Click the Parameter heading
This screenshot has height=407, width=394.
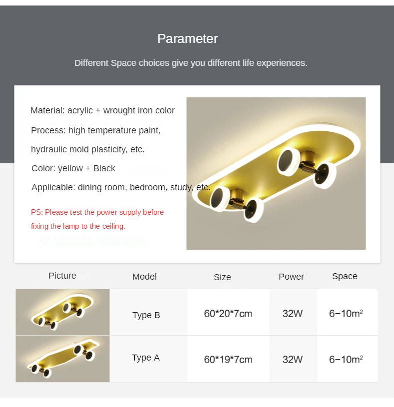187,38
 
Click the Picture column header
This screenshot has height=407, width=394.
62,276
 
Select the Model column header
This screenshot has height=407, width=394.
145,277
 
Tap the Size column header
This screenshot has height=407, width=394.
222,277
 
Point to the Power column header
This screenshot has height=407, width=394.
291,277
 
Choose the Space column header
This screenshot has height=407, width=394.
345,277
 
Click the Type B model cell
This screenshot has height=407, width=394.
146,315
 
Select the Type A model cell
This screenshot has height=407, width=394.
146,358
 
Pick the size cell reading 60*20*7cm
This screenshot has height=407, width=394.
228,314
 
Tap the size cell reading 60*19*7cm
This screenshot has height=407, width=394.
228,360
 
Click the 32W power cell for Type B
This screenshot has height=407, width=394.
293,314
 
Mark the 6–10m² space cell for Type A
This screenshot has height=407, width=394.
346,360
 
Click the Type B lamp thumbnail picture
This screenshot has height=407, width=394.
62,312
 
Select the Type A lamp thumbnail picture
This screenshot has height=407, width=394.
62,359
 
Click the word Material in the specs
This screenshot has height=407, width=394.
47,110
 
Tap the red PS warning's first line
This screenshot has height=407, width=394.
97,212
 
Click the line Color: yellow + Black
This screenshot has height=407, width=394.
73,168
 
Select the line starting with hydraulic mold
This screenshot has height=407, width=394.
88,149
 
